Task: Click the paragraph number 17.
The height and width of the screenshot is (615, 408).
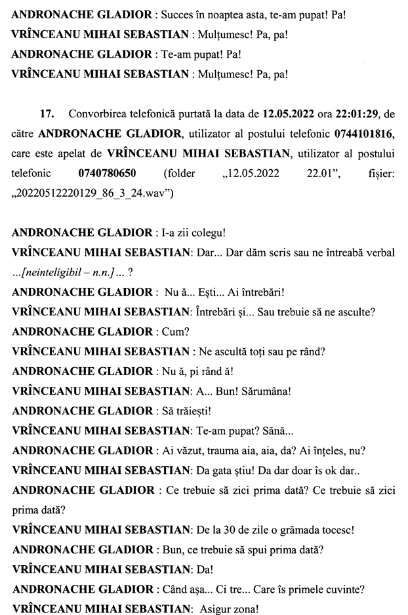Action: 47,113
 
